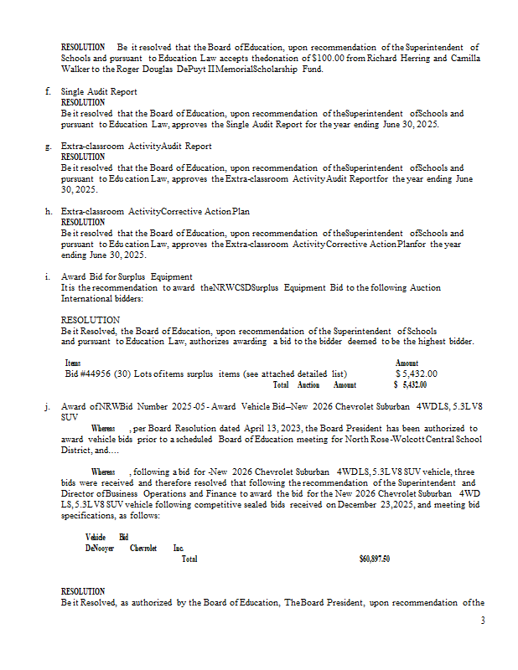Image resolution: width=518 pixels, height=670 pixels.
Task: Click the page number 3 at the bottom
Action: coord(483,621)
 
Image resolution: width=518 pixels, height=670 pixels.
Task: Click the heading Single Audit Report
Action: coord(99,91)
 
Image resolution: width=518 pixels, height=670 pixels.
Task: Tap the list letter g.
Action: coord(49,146)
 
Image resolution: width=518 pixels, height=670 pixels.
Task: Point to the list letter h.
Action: coord(49,211)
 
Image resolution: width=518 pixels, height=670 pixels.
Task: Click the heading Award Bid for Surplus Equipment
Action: coord(127,276)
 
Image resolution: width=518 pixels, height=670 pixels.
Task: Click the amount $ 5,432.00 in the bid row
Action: coord(416,374)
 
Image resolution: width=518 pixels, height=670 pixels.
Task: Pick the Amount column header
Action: coord(407,363)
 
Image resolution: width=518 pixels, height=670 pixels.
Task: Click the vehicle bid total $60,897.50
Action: coord(375,559)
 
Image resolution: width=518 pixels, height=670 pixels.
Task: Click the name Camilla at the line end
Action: coord(464,58)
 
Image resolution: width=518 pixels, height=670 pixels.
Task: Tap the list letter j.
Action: coord(49,406)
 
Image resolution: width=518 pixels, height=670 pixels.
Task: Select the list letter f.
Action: coord(49,91)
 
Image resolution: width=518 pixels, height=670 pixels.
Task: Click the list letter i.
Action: coord(49,276)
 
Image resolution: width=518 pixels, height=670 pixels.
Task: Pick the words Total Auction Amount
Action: coord(314,384)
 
